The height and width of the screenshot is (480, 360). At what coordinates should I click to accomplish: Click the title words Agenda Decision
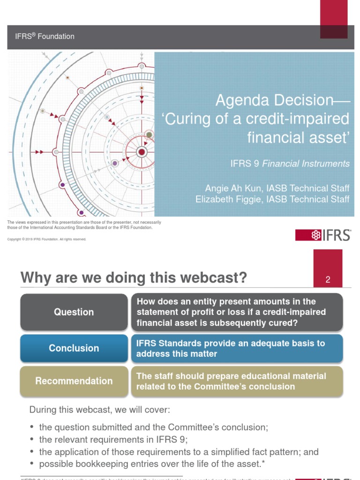[274, 100]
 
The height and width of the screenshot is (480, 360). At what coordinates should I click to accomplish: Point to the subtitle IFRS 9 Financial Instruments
[290, 164]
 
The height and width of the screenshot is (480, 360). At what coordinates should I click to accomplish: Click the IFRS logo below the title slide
[323, 235]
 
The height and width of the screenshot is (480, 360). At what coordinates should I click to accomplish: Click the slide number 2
[328, 280]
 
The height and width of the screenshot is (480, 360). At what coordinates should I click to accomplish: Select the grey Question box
[74, 312]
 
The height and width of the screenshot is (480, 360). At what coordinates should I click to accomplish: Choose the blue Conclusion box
[74, 348]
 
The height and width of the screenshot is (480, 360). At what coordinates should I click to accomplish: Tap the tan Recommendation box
[74, 381]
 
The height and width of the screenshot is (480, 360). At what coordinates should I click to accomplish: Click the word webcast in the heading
[215, 278]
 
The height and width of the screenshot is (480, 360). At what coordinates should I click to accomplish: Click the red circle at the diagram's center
[142, 152]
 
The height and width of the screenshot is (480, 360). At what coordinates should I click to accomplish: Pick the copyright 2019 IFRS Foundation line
[47, 239]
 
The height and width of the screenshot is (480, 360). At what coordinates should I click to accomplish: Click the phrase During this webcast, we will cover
[99, 410]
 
